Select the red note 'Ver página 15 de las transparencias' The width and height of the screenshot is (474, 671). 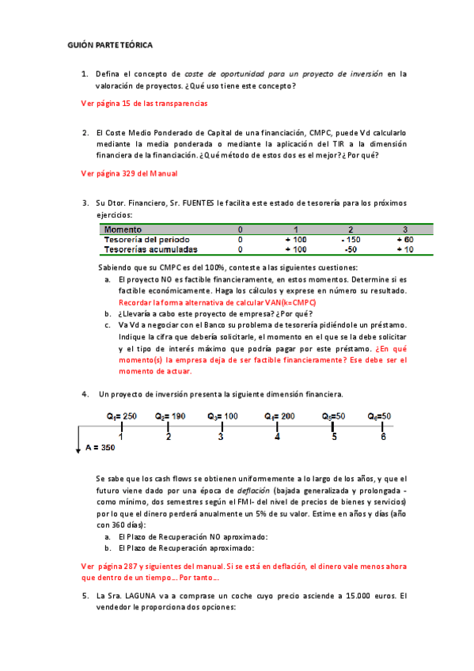145,104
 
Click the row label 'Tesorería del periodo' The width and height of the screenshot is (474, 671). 147,240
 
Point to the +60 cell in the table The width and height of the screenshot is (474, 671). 404,240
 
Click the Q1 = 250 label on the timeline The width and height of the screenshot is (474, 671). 122,416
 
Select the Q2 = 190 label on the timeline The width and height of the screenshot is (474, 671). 170,416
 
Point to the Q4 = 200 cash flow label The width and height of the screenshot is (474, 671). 279,416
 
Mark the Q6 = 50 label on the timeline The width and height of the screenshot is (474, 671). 380,416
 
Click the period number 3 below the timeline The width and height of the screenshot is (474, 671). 221,437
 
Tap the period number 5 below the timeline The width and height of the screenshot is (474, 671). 333,437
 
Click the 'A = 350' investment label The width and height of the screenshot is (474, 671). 100,448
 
